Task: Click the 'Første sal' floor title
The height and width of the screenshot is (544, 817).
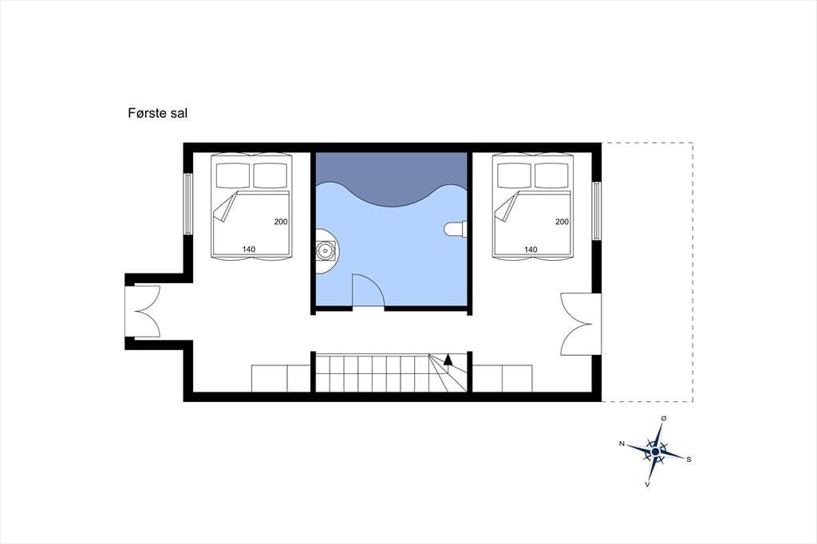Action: pos(157,113)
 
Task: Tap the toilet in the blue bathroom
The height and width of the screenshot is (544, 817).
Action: pos(456,229)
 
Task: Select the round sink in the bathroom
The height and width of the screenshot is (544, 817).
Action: pos(326,251)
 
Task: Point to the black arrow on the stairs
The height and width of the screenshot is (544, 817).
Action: pos(448,359)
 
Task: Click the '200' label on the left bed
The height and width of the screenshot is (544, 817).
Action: pos(281,222)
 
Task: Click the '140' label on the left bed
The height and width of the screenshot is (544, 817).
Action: pos(249,249)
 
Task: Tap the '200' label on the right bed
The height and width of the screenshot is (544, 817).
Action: pos(562,222)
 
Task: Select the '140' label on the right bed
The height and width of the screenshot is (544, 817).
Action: pos(531,249)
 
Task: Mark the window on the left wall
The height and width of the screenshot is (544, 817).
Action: pos(188,203)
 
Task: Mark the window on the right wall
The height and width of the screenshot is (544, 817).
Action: pos(597,211)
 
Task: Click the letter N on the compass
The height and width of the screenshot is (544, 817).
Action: pos(622,443)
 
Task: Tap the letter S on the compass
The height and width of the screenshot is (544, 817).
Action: pos(689,459)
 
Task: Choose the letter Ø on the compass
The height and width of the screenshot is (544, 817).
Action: pos(664,418)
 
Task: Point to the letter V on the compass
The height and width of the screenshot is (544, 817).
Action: pos(647,485)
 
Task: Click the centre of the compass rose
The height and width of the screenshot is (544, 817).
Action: pos(655,451)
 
